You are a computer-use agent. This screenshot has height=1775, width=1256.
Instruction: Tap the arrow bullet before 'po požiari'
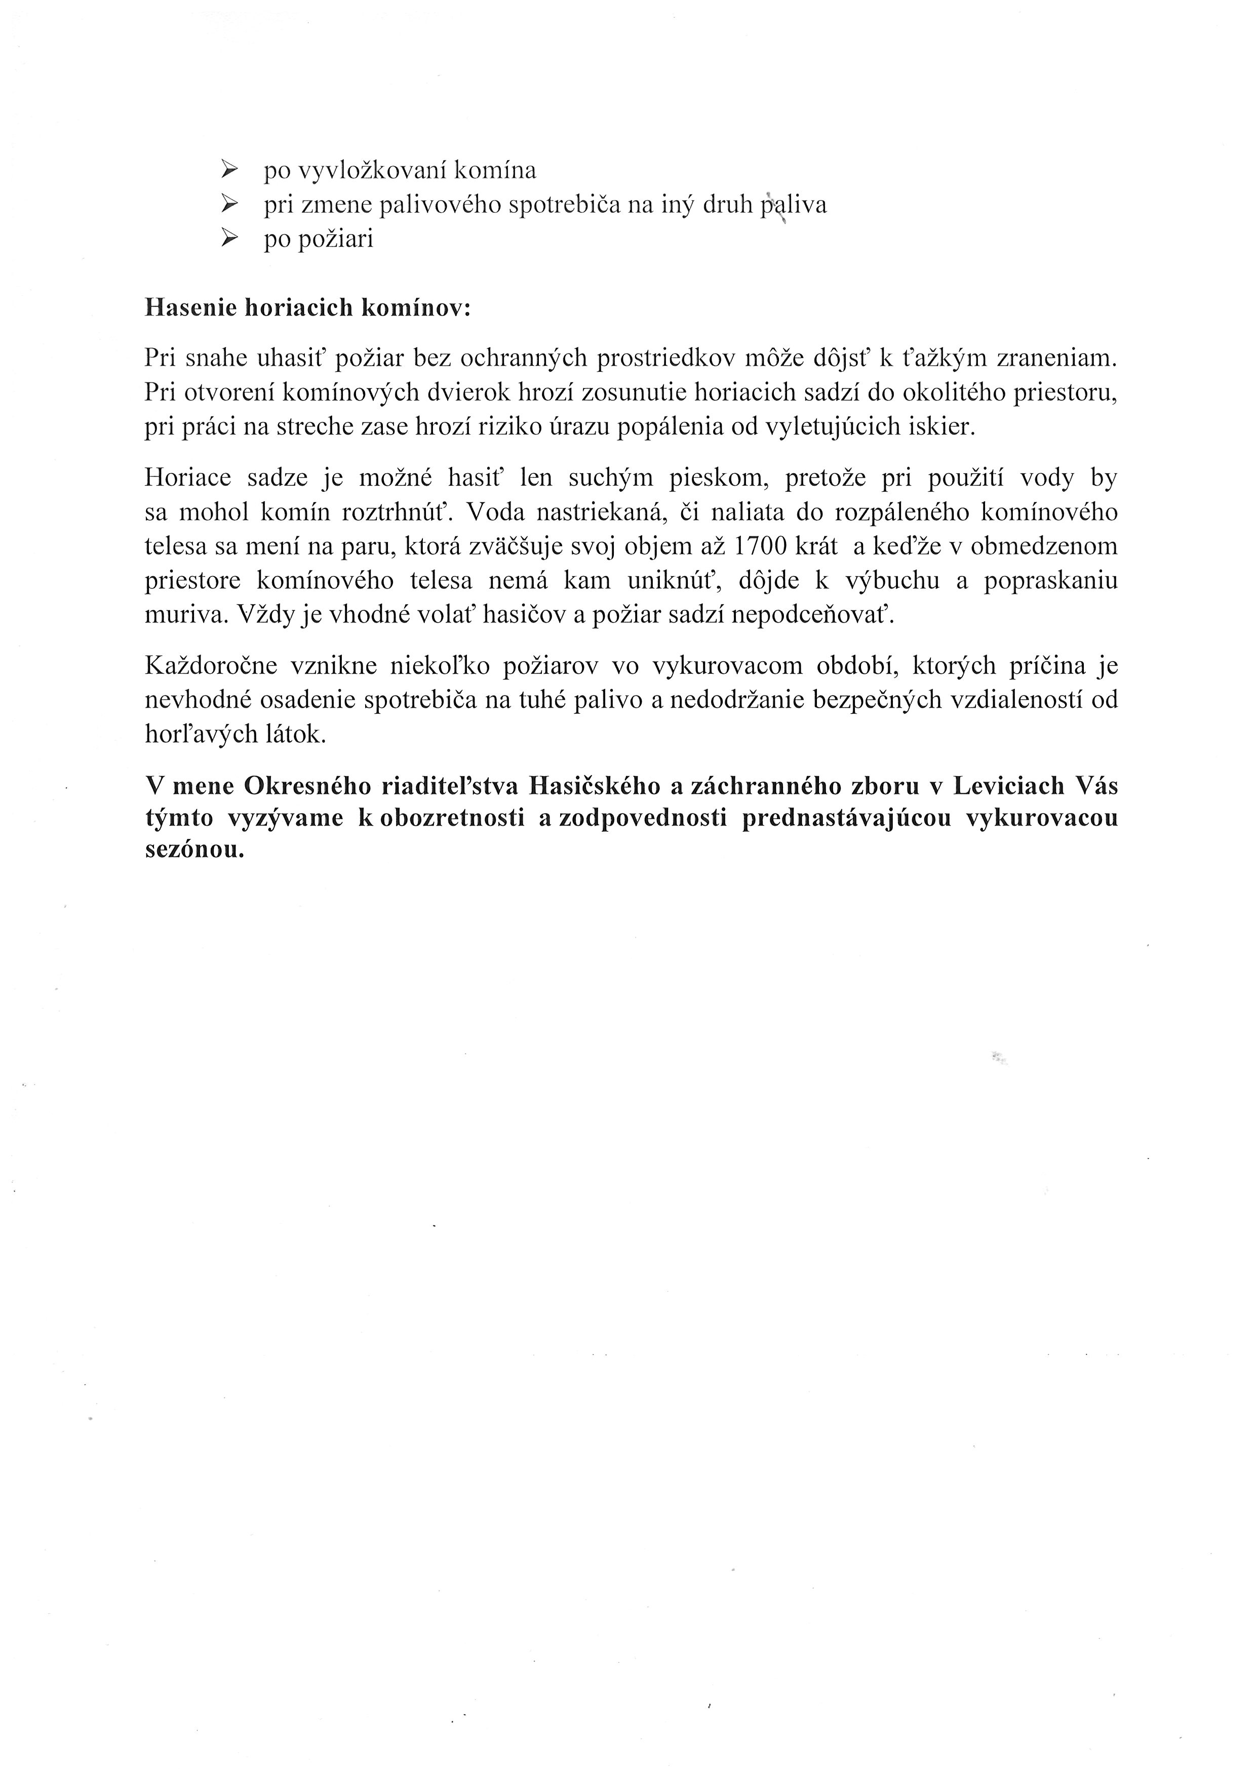pyautogui.click(x=229, y=239)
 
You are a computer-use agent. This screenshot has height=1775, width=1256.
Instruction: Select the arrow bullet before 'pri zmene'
pyautogui.click(x=229, y=204)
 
